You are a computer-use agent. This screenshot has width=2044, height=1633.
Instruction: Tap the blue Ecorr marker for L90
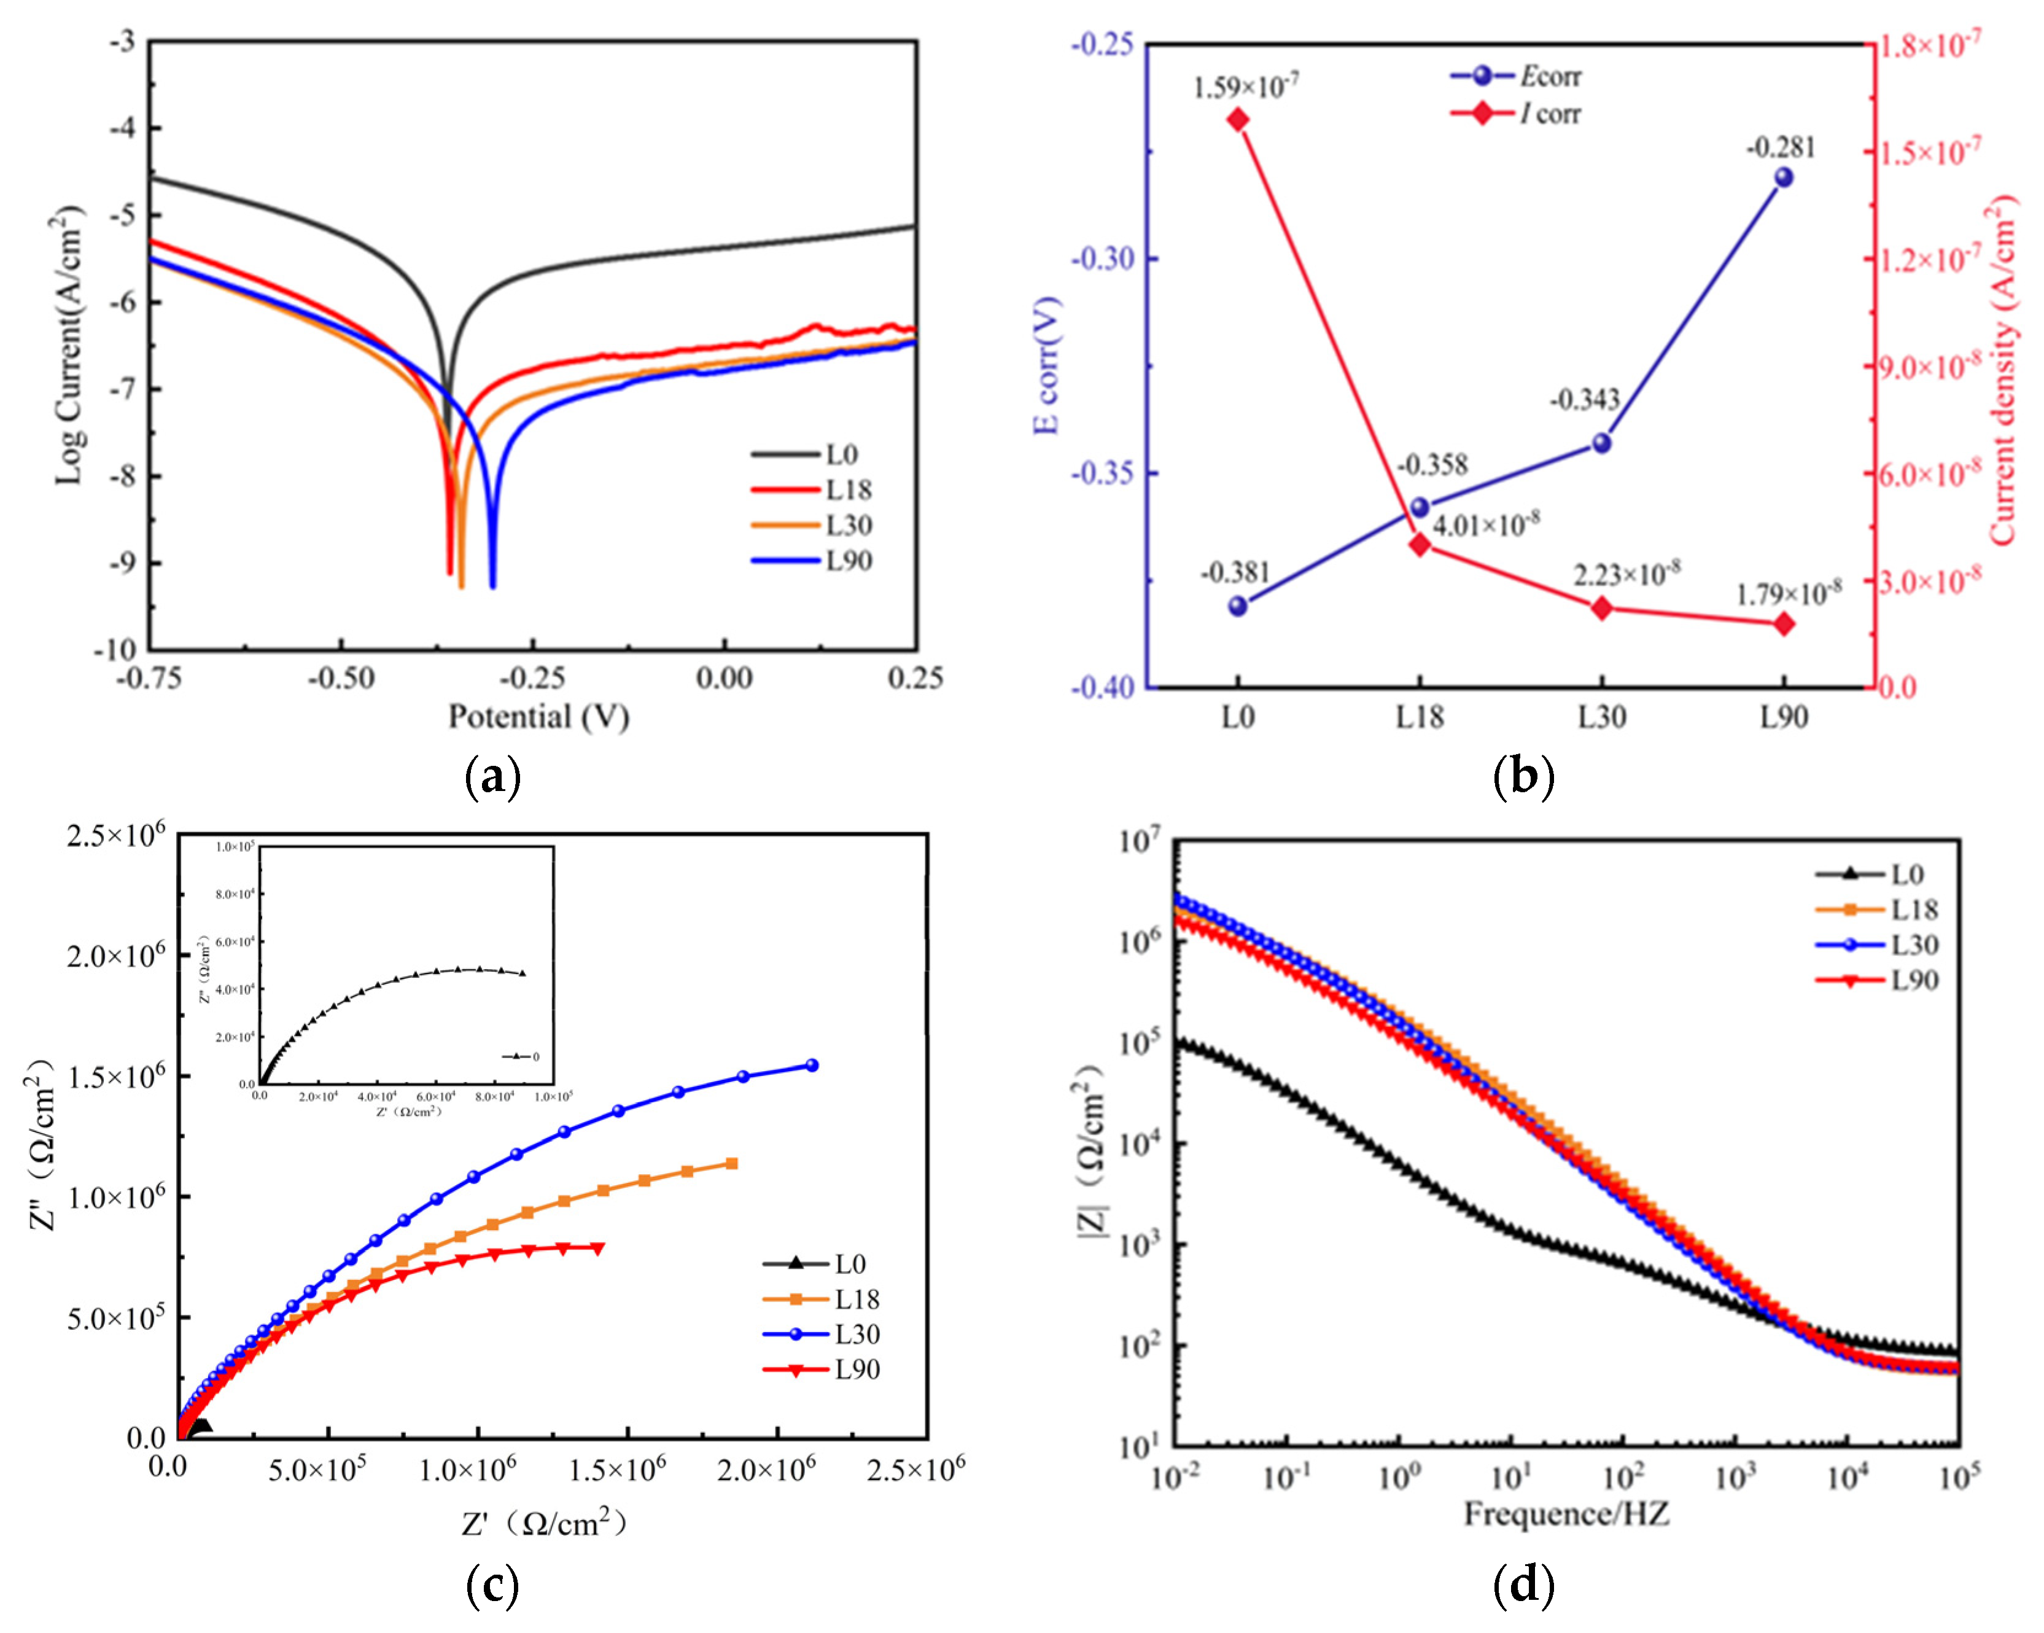point(1783,177)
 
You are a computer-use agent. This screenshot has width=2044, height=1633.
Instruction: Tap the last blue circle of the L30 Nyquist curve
point(812,1065)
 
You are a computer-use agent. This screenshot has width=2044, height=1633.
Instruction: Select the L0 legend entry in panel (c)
point(849,1263)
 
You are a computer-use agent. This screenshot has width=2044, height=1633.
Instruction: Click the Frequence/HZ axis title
point(1566,1513)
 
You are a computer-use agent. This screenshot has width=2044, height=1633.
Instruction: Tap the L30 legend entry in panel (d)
point(1914,945)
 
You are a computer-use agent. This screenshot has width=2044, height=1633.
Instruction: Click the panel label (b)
point(1523,777)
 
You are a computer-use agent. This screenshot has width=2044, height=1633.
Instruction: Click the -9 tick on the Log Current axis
point(123,563)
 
